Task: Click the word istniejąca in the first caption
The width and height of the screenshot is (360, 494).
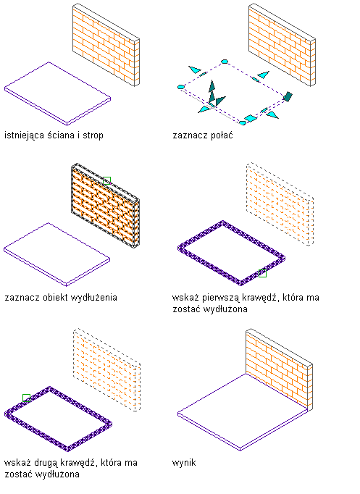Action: click(x=24, y=135)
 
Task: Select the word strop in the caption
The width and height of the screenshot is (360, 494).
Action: click(x=93, y=135)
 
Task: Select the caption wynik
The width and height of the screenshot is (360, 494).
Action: click(x=184, y=463)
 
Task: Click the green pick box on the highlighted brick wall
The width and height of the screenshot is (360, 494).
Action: click(x=106, y=180)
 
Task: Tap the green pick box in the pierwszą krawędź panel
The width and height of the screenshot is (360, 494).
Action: click(x=262, y=274)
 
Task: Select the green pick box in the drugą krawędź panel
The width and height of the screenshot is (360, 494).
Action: click(x=27, y=398)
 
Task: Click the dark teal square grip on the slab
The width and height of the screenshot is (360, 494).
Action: click(x=288, y=96)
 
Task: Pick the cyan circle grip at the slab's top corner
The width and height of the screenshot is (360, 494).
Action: click(x=225, y=62)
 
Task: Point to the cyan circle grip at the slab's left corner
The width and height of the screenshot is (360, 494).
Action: click(x=181, y=87)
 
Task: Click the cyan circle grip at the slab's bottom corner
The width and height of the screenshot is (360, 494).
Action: click(x=242, y=122)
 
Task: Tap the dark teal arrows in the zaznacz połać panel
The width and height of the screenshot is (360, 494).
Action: click(x=215, y=94)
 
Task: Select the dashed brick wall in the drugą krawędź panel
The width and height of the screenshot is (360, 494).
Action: click(x=106, y=369)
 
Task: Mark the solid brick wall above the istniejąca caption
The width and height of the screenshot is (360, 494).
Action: click(x=106, y=45)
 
